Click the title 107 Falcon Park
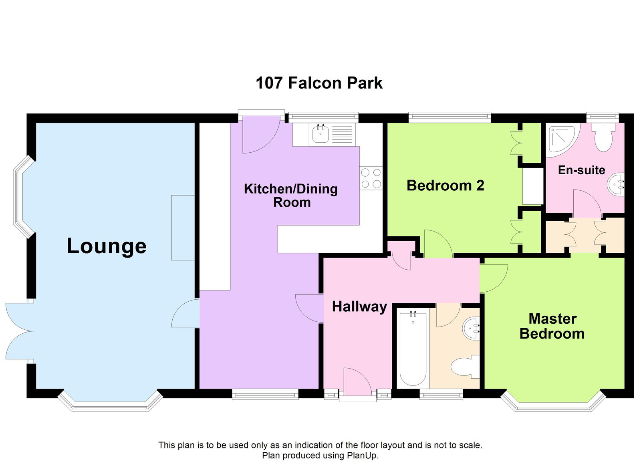pos(319,83)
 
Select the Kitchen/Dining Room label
pos(291,195)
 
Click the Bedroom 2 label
pos(445,186)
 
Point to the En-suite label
pos(581,170)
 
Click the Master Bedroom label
pos(552,326)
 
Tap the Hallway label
pos(359,307)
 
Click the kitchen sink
pos(320,134)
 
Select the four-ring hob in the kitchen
pos(371,178)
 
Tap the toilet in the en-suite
pos(603,137)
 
